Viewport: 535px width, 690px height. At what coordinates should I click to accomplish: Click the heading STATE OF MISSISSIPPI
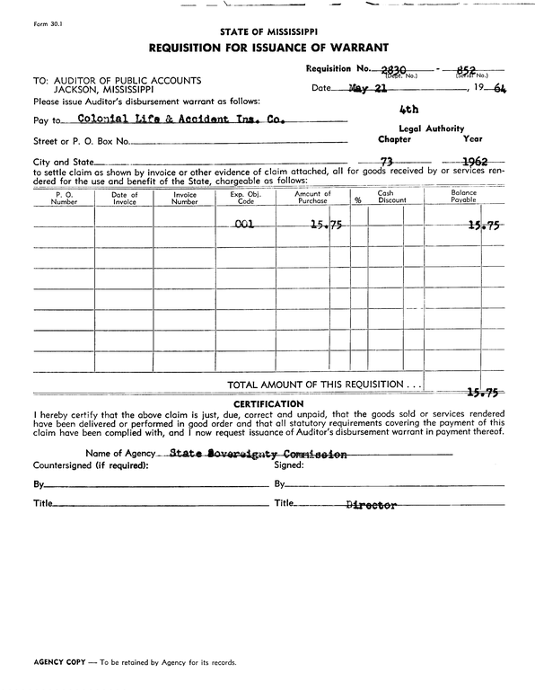click(267, 31)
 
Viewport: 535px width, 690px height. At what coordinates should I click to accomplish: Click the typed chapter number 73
click(389, 161)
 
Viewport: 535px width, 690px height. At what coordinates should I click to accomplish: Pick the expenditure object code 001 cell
click(243, 226)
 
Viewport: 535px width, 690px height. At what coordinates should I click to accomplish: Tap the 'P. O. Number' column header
click(65, 198)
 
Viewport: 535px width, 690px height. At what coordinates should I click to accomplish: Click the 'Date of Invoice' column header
click(125, 198)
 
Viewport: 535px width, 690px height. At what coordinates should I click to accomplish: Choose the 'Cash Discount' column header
click(385, 198)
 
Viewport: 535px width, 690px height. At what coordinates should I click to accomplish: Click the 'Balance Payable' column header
click(463, 198)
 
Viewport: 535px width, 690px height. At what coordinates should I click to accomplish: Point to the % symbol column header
click(357, 201)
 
